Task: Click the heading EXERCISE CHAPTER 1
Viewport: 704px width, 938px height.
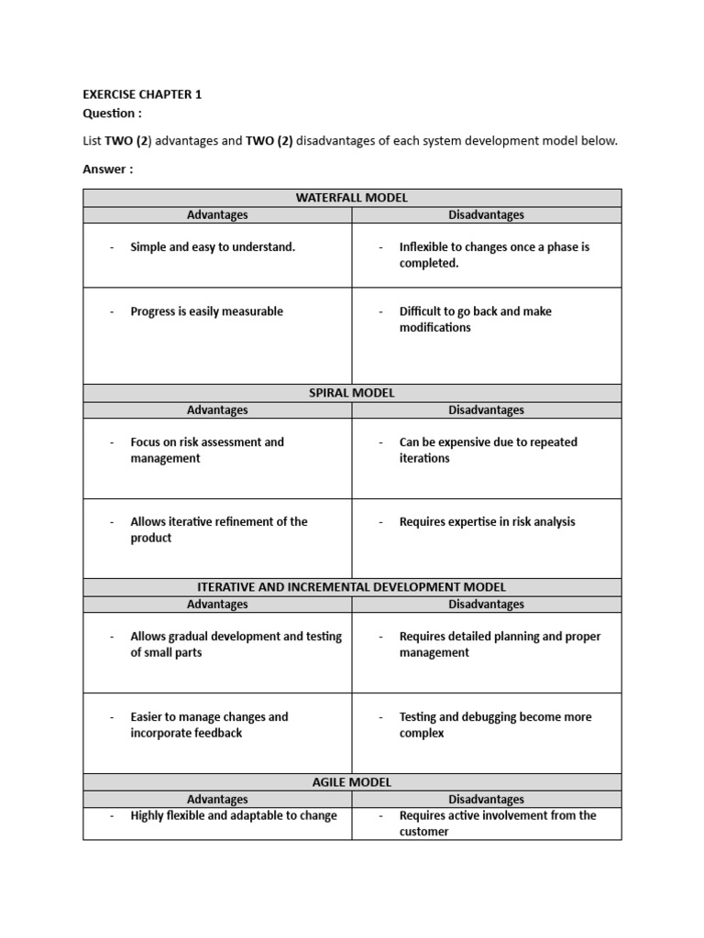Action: point(142,94)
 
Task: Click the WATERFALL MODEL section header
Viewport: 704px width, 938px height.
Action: point(352,198)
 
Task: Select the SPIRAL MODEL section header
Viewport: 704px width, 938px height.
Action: point(352,393)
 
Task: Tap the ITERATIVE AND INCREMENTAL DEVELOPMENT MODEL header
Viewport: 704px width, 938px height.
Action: point(352,587)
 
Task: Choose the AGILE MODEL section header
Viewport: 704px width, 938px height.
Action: point(352,782)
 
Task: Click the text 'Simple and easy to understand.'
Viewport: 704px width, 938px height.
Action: point(213,247)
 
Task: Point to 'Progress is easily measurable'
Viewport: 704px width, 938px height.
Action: point(206,311)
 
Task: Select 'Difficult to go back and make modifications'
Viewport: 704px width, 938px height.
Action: point(475,320)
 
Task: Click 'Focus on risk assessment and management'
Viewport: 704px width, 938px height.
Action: point(207,450)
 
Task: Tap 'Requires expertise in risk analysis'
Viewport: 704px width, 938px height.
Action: point(487,522)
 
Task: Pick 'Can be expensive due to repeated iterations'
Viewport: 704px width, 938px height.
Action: point(488,450)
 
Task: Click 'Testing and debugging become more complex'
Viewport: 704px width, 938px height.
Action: point(495,725)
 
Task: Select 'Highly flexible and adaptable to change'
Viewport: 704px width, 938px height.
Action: point(234,816)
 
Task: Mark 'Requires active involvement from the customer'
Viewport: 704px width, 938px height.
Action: point(497,823)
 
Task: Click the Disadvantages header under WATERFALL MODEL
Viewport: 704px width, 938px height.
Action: point(486,215)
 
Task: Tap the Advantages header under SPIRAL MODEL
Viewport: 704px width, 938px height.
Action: point(217,410)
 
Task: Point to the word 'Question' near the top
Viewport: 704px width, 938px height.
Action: point(112,113)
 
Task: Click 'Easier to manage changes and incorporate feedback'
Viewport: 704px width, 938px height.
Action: point(209,725)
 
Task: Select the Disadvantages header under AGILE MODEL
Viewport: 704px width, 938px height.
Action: point(486,800)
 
